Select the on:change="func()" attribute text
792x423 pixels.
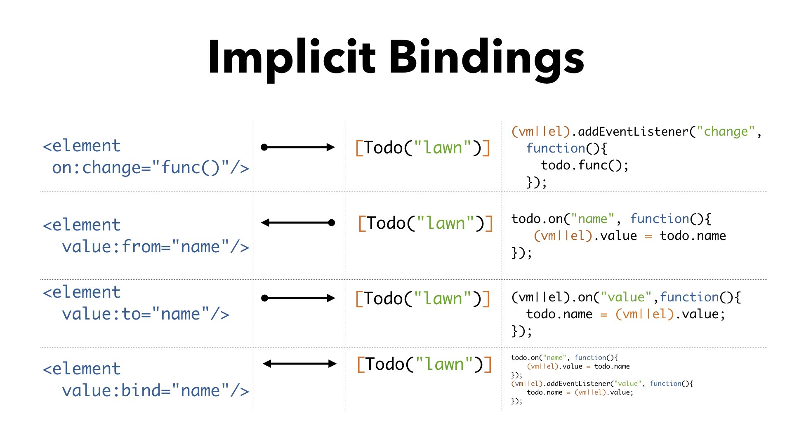(x=151, y=168)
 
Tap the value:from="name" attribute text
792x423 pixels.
(x=156, y=247)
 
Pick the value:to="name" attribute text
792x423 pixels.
(x=146, y=314)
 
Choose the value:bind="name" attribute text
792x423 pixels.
(x=156, y=390)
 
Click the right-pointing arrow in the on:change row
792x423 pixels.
(x=298, y=147)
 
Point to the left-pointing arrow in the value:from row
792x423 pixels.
(x=298, y=223)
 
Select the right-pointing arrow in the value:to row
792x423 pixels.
(x=298, y=298)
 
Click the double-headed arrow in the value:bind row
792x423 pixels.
(x=299, y=364)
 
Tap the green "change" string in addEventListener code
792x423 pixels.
(x=726, y=132)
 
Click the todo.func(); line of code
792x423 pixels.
(x=585, y=165)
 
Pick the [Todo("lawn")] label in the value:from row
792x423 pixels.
(x=425, y=223)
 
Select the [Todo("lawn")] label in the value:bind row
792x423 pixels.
(x=424, y=364)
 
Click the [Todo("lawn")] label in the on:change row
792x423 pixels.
(x=423, y=148)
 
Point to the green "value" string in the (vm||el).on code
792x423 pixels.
(x=626, y=297)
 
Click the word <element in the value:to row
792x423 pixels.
(x=82, y=292)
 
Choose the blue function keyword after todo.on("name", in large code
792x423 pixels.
(x=660, y=219)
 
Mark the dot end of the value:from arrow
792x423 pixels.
(x=331, y=223)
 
